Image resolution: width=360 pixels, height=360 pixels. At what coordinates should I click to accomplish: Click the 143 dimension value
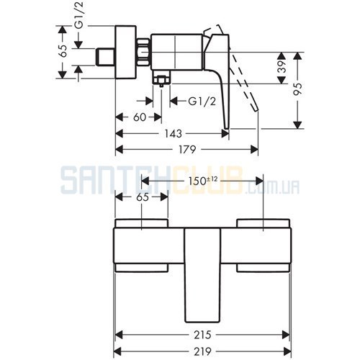coord(174,134)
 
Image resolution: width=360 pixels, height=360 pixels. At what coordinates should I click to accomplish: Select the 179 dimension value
coord(187,150)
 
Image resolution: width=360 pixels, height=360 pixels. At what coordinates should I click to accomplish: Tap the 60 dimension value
coord(140,117)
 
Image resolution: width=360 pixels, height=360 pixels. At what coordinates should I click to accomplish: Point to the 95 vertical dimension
coord(297,89)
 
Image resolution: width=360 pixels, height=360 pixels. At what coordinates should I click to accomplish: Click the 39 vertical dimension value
coord(282,67)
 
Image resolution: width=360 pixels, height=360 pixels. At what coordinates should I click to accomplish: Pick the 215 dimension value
coord(202,335)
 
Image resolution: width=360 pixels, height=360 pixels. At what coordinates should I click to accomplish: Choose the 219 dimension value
coord(202,352)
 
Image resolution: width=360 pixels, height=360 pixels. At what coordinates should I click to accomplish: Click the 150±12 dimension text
coord(203,181)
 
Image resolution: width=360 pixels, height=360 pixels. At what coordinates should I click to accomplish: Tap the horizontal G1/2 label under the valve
coord(202,102)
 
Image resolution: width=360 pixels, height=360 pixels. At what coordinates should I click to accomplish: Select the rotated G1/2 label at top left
coord(78,15)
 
